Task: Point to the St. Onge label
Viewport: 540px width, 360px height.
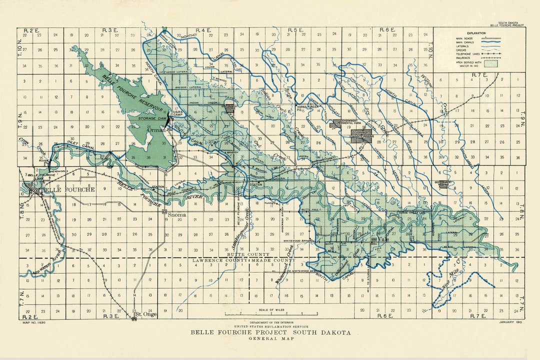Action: [x=146, y=314]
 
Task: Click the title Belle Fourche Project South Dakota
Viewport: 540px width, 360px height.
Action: [x=270, y=332]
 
